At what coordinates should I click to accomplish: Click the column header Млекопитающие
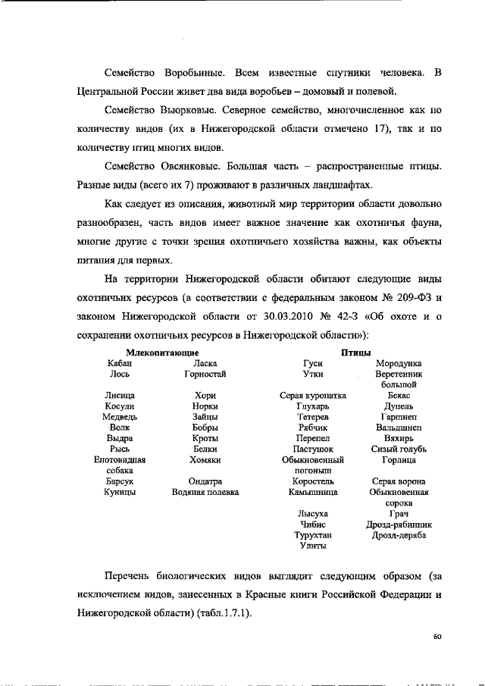click(x=163, y=353)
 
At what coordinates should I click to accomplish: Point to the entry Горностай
click(x=205, y=374)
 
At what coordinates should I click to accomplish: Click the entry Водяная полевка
click(x=205, y=492)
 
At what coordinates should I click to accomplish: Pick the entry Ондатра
click(x=205, y=481)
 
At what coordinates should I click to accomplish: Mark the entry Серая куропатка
click(x=313, y=396)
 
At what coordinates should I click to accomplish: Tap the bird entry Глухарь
click(x=313, y=406)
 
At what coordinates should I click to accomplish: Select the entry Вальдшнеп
click(x=398, y=428)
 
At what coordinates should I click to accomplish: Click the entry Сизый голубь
click(x=398, y=449)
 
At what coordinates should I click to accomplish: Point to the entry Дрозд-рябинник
click(x=398, y=524)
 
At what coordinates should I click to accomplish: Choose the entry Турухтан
click(x=313, y=534)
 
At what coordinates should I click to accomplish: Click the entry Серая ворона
click(x=398, y=481)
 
